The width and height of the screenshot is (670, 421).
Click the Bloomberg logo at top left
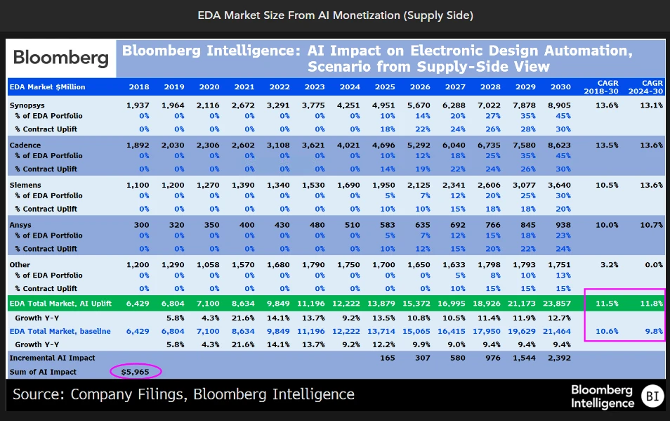click(61, 58)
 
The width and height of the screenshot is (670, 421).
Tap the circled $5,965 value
click(136, 371)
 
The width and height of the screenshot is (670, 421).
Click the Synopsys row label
click(27, 105)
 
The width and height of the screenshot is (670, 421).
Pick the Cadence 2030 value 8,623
click(556, 145)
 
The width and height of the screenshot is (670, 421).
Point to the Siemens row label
click(25, 185)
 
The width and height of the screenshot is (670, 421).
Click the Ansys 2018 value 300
click(141, 225)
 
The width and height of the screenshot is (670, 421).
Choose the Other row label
click(20, 264)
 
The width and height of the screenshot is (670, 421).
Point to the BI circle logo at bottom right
click(650, 397)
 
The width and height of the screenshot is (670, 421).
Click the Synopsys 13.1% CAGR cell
click(651, 105)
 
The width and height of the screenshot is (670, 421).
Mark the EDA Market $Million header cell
click(48, 87)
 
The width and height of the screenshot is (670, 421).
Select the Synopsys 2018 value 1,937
click(138, 105)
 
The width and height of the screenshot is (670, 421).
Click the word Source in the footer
click(39, 394)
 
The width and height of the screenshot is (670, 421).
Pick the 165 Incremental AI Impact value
click(387, 358)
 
